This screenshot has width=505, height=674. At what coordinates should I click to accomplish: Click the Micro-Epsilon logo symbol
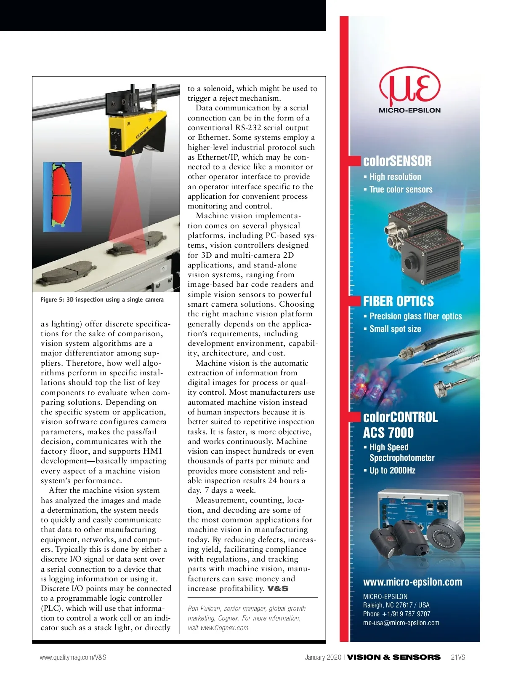[x=409, y=88]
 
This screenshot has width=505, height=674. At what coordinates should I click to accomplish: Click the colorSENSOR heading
[x=397, y=161]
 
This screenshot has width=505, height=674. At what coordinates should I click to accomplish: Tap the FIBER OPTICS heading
[x=398, y=301]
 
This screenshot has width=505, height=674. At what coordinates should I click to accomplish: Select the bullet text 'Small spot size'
[x=395, y=329]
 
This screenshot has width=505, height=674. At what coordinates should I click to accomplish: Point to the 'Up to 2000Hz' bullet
[x=392, y=471]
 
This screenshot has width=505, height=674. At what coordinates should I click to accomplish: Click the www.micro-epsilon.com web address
[x=412, y=582]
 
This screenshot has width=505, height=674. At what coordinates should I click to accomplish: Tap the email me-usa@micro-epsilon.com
[x=401, y=623]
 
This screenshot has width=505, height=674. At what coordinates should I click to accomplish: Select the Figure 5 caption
[x=102, y=300]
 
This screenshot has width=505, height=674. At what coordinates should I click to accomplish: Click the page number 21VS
[x=457, y=657]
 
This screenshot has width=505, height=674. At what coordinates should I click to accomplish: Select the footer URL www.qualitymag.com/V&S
[x=73, y=657]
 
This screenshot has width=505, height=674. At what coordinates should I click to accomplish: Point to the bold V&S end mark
[x=278, y=588]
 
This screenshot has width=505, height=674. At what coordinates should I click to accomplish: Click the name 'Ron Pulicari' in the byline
[x=204, y=608]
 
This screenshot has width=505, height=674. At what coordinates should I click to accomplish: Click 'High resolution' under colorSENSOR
[x=395, y=177]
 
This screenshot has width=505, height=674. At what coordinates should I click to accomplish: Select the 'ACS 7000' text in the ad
[x=388, y=433]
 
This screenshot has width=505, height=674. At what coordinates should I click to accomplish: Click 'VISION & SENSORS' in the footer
[x=393, y=657]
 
